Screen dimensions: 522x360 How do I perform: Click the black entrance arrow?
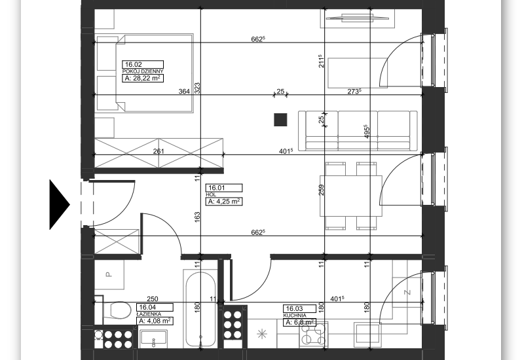tap(59, 204)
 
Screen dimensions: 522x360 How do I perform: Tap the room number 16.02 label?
tap(143, 65)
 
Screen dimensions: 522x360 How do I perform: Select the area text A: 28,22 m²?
tap(143, 78)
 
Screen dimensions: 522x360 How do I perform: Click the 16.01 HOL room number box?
tap(224, 188)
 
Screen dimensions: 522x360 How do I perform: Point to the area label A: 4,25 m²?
tap(224, 202)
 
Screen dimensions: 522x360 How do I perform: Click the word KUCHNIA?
tap(295, 315)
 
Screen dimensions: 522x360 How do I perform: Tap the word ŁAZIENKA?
tap(149, 314)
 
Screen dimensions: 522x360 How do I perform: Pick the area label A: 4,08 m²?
tap(155, 321)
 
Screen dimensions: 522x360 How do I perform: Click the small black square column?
tap(280, 120)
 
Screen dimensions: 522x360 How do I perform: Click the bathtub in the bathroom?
tap(200, 310)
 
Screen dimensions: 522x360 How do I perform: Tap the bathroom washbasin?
tap(153, 338)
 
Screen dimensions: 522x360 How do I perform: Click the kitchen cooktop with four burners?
tap(313, 334)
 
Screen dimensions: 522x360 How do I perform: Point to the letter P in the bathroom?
tap(109, 274)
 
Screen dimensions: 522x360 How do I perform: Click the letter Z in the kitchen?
tap(407, 293)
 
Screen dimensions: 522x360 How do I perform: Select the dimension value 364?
tap(184, 91)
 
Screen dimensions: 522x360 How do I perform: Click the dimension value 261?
tap(158, 151)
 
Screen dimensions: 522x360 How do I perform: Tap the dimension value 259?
tap(322, 190)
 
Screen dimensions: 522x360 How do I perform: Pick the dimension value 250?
tap(153, 298)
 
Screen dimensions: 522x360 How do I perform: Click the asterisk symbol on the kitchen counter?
tap(263, 334)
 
